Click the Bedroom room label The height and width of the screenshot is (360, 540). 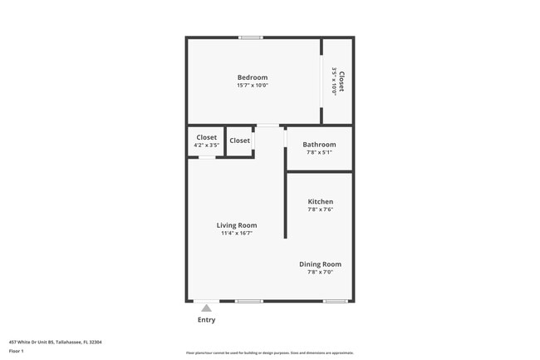(x=253, y=77)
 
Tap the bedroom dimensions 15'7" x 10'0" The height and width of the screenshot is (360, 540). (x=253, y=86)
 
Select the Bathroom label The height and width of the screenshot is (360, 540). (x=319, y=144)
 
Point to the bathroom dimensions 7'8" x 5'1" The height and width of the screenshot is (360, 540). (x=319, y=152)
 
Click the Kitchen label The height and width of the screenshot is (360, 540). (x=321, y=202)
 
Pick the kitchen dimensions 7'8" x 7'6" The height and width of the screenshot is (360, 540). (x=321, y=210)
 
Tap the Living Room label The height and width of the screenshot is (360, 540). (x=237, y=225)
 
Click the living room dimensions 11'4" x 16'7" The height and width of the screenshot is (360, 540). (x=237, y=234)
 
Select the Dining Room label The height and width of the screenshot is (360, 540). (x=321, y=264)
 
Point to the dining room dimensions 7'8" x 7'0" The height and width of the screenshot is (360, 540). (x=321, y=273)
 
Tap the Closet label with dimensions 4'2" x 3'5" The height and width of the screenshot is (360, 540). (x=206, y=137)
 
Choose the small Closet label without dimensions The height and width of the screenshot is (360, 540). (x=239, y=141)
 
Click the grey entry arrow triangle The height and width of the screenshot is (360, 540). (x=206, y=308)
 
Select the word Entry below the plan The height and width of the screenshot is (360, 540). (x=206, y=320)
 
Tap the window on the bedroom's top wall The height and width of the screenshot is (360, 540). (x=251, y=37)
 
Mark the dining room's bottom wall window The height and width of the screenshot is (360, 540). (x=336, y=301)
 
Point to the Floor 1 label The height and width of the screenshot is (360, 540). (x=17, y=351)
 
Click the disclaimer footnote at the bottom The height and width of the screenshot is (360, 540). (x=270, y=353)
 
